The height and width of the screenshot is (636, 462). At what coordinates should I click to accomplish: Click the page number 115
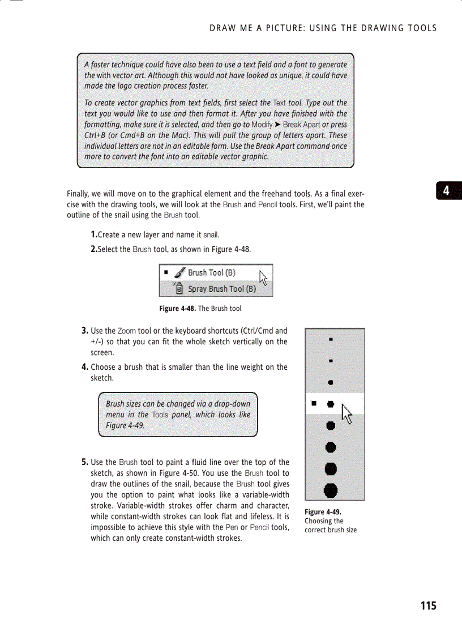tap(428, 606)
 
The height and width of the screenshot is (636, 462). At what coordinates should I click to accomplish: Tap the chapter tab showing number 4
tap(447, 191)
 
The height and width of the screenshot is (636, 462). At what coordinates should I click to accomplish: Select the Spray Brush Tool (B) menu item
tap(221, 289)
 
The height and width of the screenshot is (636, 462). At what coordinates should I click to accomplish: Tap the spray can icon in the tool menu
tap(178, 288)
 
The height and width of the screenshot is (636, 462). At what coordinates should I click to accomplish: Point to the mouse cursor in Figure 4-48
tap(263, 278)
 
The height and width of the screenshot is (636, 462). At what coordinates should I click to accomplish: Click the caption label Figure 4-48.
tap(177, 309)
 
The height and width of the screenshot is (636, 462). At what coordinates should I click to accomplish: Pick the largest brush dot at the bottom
tap(330, 490)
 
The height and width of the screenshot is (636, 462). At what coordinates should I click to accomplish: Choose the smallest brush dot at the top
tap(330, 340)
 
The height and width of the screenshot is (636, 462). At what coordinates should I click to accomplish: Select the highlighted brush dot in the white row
tap(330, 404)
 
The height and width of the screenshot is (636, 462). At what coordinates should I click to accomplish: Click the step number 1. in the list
tap(94, 234)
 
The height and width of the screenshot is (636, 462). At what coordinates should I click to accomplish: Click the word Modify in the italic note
tap(263, 125)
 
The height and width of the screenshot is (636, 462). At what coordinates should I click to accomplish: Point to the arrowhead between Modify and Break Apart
tap(278, 125)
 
